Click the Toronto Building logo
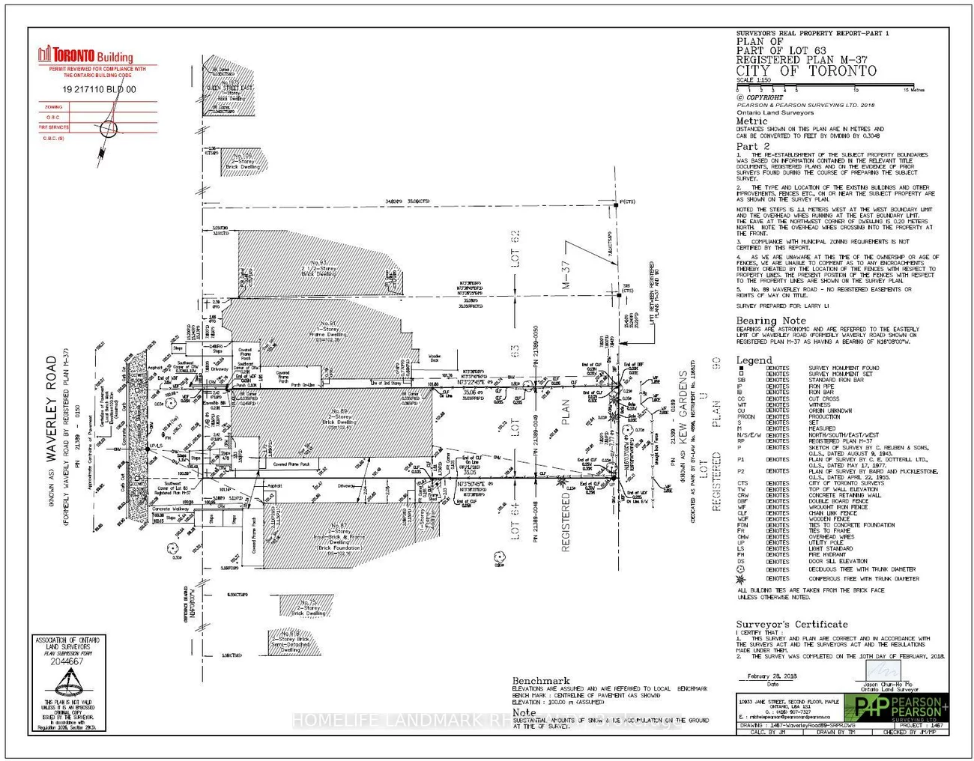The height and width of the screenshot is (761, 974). point(85,55)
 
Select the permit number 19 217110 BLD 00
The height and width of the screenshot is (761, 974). point(100,89)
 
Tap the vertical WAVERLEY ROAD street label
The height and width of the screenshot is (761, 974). point(52,409)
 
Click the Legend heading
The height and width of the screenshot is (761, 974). point(754,360)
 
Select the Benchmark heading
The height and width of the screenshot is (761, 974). point(541,681)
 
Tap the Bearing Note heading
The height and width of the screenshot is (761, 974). point(771,321)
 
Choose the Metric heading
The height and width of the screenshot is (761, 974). point(751,121)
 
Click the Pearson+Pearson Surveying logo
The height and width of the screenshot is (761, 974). point(896,707)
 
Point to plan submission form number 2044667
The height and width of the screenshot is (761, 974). point(67,661)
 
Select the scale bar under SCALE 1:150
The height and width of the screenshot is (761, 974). point(825,86)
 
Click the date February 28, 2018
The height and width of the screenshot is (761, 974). point(772,676)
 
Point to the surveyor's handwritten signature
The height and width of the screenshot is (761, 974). point(888,669)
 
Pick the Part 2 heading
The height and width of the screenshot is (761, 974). point(752,146)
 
